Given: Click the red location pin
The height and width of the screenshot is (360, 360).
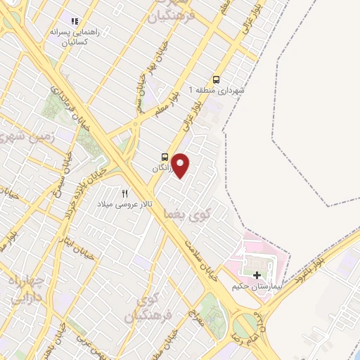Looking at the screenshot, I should tap(181, 165).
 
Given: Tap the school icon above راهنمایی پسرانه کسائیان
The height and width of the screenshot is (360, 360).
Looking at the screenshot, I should tap(75, 22).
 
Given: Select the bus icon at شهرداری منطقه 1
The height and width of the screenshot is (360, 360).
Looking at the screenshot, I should tap(217, 79).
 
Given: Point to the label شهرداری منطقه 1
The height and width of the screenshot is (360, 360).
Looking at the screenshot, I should tap(219, 91).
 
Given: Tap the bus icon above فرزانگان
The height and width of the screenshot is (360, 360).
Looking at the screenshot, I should tap(165, 157).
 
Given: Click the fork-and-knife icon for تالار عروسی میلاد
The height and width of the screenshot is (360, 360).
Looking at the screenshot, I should tap(125, 193).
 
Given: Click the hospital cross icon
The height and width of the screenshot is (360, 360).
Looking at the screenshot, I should tap(258, 275).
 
